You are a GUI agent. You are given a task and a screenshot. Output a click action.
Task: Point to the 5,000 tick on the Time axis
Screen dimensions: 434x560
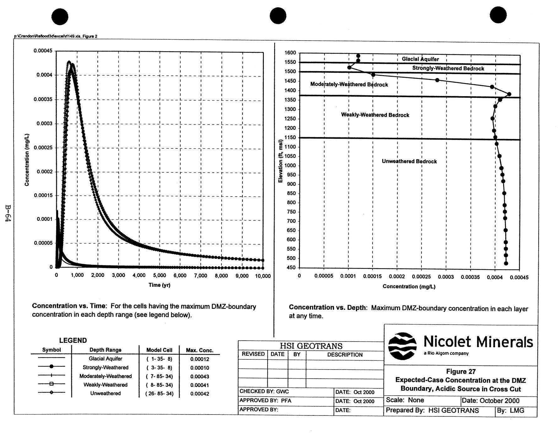point(160,275)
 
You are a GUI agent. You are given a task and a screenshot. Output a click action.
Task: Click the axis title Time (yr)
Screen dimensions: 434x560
point(160,285)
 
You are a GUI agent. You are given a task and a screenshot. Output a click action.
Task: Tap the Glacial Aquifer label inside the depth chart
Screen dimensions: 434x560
point(420,59)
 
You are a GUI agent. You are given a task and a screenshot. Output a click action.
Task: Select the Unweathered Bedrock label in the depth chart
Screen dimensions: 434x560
point(409,161)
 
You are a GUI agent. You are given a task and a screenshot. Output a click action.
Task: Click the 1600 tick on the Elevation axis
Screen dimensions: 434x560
point(290,53)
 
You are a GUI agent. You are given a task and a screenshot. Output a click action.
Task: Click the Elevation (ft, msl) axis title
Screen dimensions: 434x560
point(280,161)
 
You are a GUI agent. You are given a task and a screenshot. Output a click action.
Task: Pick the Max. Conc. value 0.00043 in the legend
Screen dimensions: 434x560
point(199,376)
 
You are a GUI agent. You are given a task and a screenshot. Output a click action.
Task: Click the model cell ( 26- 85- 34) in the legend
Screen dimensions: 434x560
point(159,393)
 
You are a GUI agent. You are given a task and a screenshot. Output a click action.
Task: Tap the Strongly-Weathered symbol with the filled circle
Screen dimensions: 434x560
point(52,366)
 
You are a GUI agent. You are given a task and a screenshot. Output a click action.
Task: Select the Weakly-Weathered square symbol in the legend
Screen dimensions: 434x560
point(52,384)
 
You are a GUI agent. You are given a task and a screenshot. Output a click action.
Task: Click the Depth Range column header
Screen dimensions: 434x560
point(105,350)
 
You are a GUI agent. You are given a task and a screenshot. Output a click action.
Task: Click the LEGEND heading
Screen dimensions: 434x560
point(73,340)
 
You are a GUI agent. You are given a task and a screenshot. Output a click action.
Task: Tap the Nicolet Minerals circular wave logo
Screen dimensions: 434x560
point(402,346)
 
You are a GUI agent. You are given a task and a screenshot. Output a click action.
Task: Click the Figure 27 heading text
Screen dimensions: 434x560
point(461,371)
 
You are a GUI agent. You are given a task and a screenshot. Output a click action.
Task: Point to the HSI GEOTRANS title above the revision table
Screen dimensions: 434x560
point(311,346)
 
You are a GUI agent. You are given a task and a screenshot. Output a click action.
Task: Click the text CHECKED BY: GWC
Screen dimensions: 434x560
point(264,392)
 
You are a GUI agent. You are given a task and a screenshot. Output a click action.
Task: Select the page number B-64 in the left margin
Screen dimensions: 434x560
point(8,214)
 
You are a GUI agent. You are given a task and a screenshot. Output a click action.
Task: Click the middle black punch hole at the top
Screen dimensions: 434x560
point(278,16)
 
